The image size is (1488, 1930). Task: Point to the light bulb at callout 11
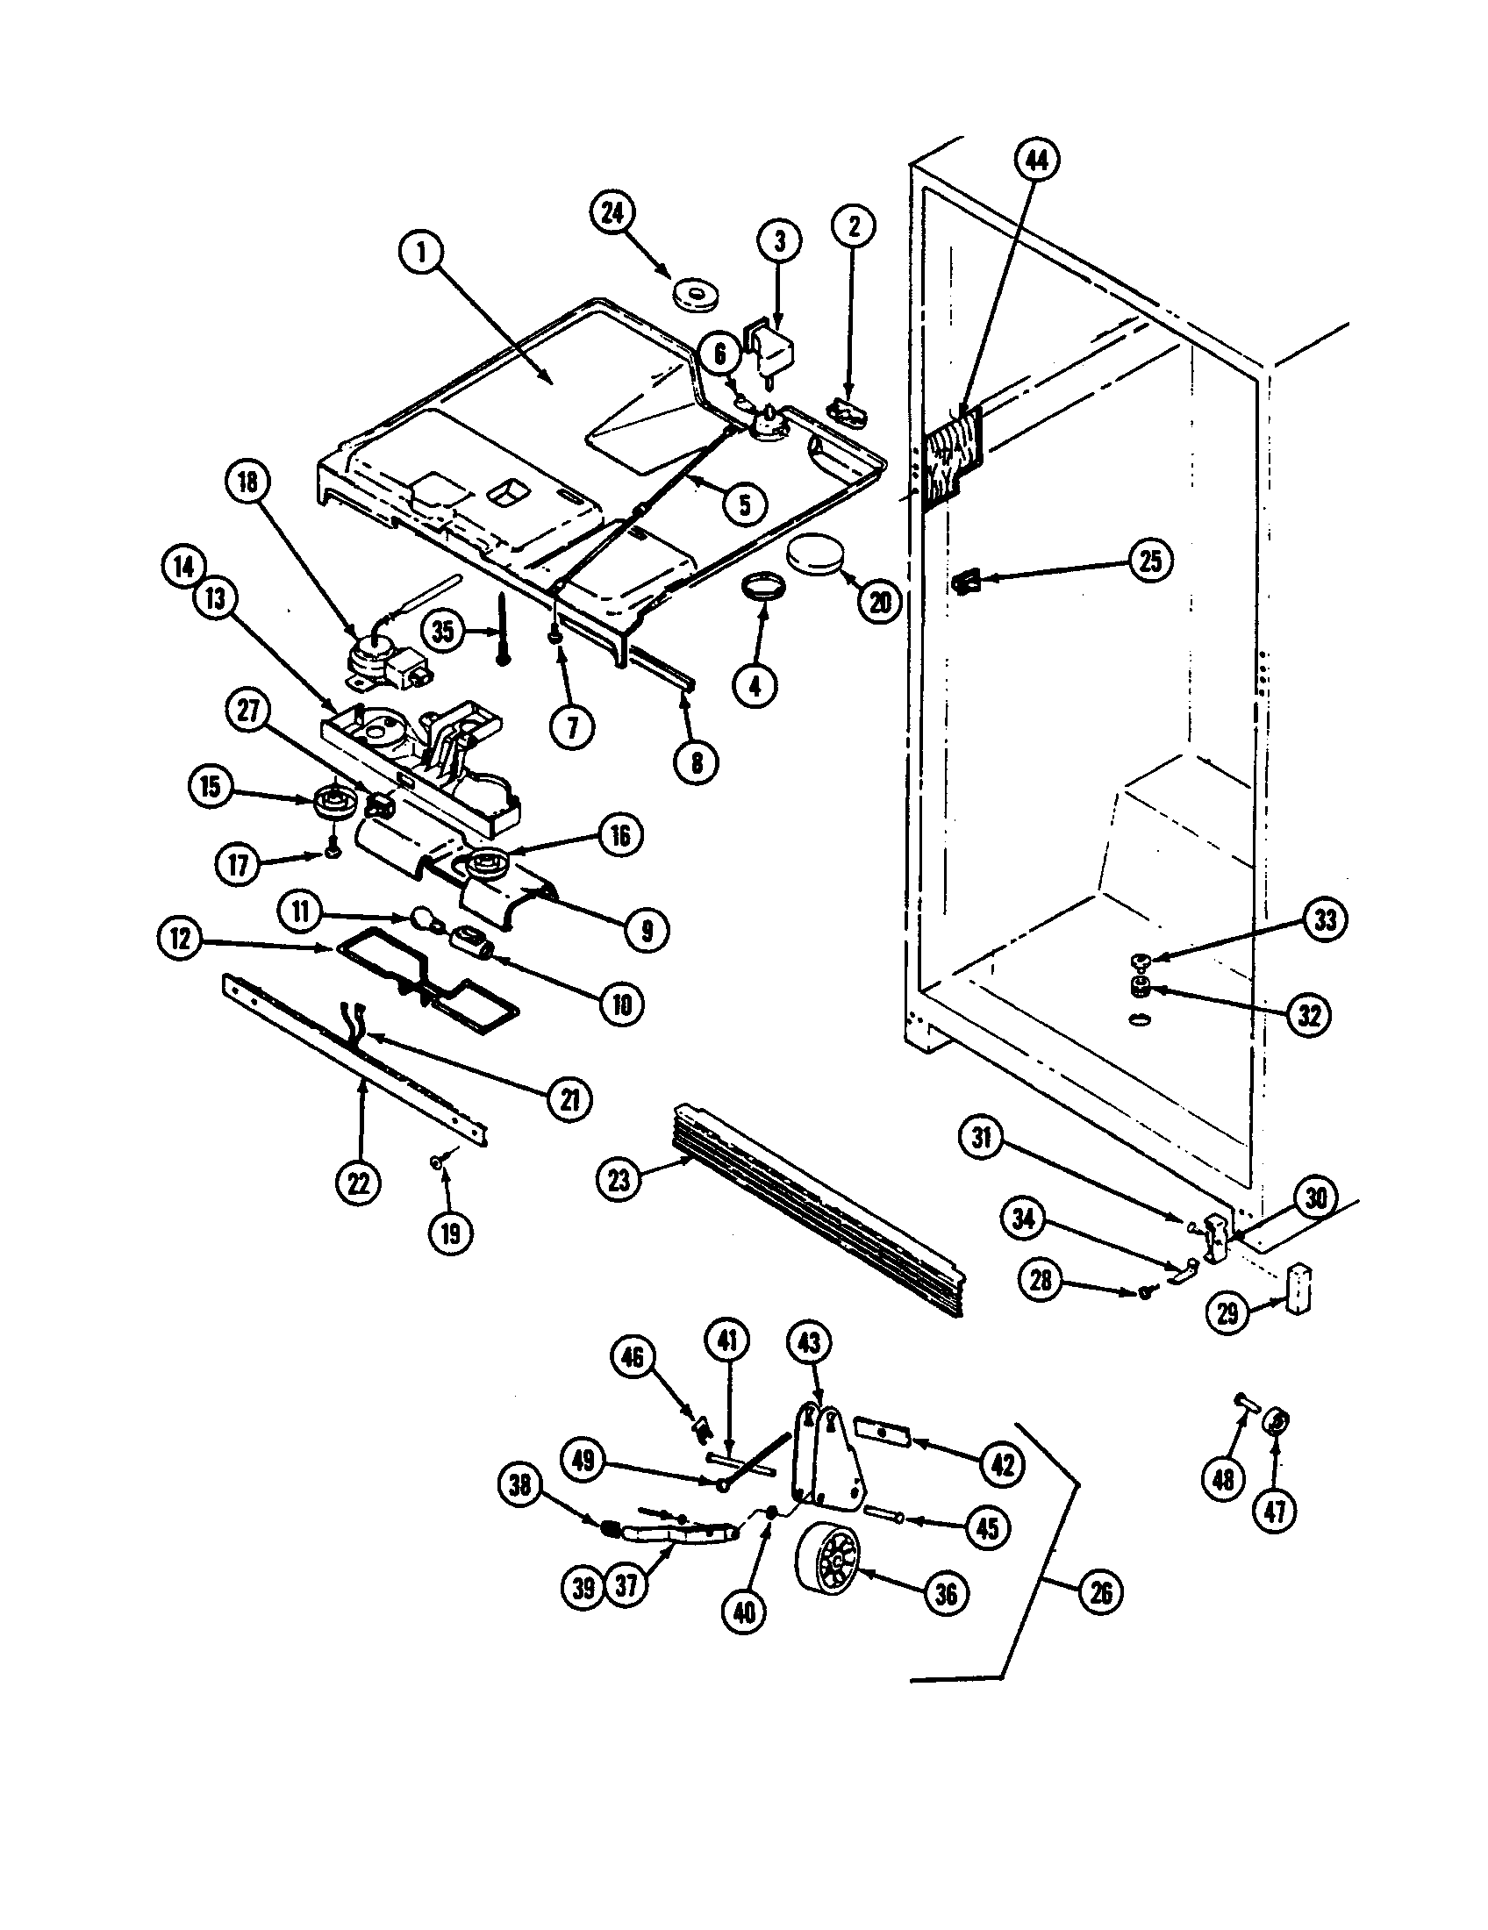point(427,925)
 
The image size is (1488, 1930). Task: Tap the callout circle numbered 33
point(1325,920)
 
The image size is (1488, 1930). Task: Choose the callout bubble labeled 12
point(182,939)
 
